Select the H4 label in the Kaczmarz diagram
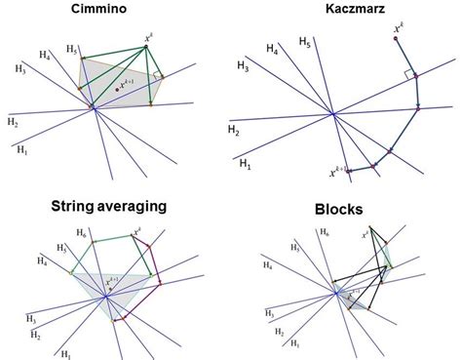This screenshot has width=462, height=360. [274, 48]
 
